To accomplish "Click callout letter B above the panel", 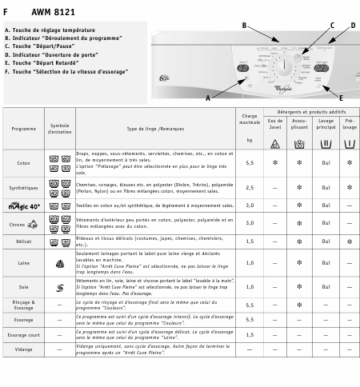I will point(244,26).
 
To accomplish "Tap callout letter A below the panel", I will point(207,98).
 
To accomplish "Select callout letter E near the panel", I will point(318,98).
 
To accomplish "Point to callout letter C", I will point(332,26).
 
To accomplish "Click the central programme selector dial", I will point(282,68).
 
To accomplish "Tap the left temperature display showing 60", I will point(242,68).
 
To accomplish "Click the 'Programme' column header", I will point(24,129).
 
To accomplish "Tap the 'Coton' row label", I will point(24,163).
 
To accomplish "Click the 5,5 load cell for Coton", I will point(250,163).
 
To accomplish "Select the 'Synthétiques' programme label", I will point(24,188).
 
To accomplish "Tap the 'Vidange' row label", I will point(24,349).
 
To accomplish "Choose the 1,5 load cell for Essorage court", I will point(250,335).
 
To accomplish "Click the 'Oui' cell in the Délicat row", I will point(326,241).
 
